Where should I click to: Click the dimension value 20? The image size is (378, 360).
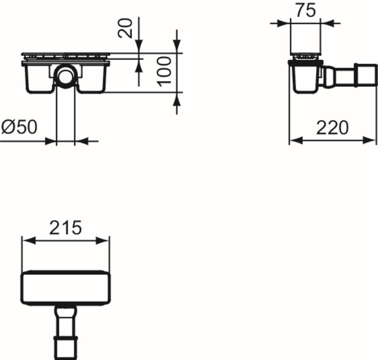tap(125, 28)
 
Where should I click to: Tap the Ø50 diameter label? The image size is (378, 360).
tap(19, 127)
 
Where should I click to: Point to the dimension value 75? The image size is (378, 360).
tap(306, 10)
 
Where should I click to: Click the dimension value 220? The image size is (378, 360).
tap(332, 128)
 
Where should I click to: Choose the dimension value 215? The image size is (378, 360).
tap(66, 228)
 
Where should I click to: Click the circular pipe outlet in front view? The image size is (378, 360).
tap(65, 76)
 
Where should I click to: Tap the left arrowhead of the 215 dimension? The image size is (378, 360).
tap(29, 241)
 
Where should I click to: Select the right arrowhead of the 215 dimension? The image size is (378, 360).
tap(102, 241)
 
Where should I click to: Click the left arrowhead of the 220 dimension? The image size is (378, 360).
tap(296, 140)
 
